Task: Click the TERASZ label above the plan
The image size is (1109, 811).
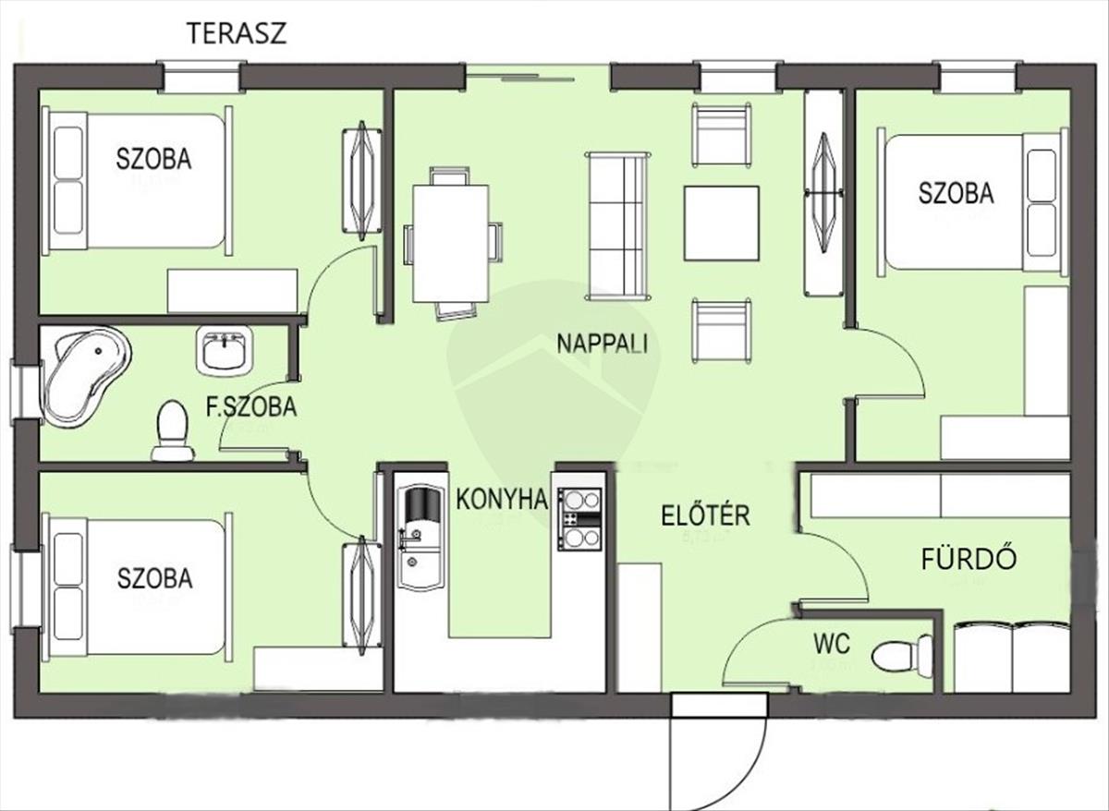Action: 237,34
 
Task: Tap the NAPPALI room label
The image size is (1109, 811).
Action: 602,344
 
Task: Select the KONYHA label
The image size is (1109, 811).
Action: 502,501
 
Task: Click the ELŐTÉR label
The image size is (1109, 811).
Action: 705,514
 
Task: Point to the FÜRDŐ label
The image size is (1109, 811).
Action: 969,559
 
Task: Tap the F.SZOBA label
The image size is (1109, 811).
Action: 251,406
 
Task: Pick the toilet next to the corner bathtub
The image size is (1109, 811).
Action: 172,430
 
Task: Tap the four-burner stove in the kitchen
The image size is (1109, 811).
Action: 579,519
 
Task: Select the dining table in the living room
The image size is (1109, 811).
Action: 450,243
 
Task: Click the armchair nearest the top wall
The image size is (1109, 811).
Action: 721,135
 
